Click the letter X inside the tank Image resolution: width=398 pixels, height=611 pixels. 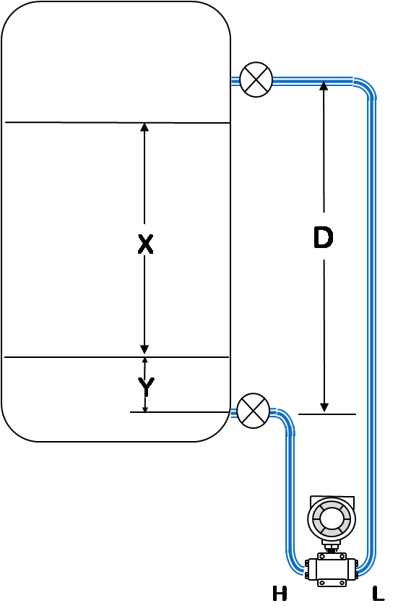tap(146, 244)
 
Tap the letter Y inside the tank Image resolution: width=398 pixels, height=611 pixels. tap(146, 386)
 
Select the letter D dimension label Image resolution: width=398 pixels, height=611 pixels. tap(323, 237)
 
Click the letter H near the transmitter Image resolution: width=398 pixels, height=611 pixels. tap(280, 594)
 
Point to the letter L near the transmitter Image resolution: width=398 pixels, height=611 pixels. tap(378, 594)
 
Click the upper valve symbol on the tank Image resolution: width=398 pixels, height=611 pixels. tap(256, 80)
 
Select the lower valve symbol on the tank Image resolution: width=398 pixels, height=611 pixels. tap(253, 411)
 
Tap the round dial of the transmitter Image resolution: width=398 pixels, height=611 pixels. tap(332, 518)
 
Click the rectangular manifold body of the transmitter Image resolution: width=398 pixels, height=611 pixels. tap(332, 569)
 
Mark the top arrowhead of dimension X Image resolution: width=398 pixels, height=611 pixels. tap(144, 128)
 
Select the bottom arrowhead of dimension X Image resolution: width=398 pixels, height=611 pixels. tap(144, 350)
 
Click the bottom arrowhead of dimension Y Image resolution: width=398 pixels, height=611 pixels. tap(145, 409)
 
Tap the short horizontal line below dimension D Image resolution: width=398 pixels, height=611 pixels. tap(327, 414)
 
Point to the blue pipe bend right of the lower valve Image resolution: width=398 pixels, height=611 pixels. tap(287, 417)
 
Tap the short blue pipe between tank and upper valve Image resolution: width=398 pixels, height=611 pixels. tap(235, 81)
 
